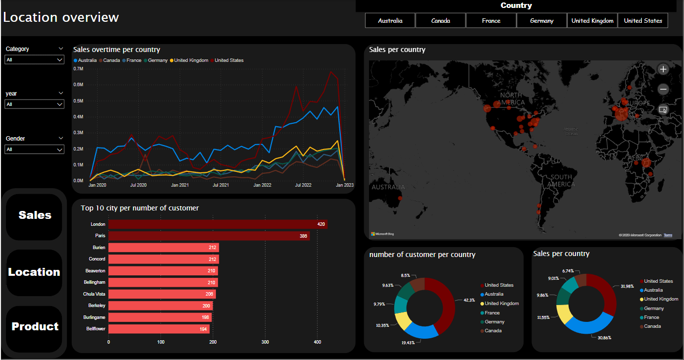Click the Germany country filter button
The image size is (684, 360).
(541, 21)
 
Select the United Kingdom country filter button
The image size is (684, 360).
(592, 21)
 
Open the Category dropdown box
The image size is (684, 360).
(34, 60)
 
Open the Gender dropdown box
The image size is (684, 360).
(34, 150)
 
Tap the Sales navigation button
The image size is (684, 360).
(35, 215)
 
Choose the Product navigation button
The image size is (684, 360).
(35, 327)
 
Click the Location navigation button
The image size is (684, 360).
(34, 272)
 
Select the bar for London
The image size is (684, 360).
(218, 224)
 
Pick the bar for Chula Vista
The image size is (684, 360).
(162, 294)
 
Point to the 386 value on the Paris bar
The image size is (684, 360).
(303, 236)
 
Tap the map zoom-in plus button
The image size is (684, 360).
(664, 69)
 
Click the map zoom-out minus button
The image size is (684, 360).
(664, 89)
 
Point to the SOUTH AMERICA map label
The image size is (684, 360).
(561, 181)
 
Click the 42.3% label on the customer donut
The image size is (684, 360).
(469, 300)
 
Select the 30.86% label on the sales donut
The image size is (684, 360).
(604, 338)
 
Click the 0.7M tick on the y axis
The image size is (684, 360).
(78, 69)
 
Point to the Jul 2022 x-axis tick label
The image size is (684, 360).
(303, 185)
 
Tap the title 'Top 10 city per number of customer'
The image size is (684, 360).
(140, 208)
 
